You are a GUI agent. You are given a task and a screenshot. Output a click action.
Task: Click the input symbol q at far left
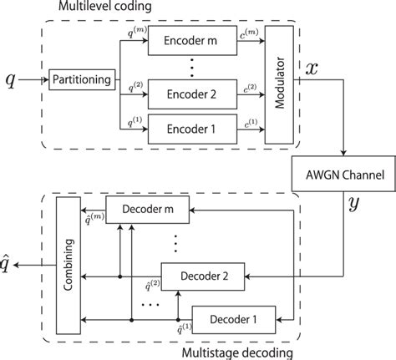[x=10, y=80]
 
